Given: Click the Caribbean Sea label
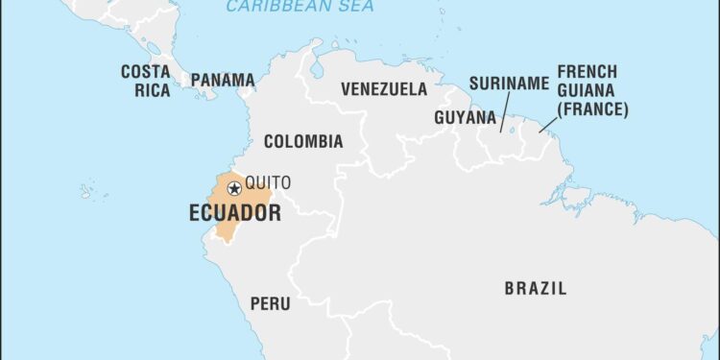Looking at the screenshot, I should (300, 8).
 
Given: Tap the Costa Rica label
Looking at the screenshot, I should (146, 82).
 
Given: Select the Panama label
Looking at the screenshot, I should (223, 81).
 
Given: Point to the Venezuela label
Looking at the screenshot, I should (384, 89).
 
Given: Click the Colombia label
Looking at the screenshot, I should (303, 142).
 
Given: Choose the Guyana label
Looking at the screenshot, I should (465, 118).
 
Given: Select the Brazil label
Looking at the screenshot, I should (535, 288).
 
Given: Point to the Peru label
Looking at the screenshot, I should (270, 303).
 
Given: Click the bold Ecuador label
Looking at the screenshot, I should (235, 213).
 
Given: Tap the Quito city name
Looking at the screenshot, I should (268, 183).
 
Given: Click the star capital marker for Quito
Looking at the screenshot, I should (234, 189).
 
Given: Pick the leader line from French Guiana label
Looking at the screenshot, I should (548, 124).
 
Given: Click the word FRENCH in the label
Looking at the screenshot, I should (587, 73).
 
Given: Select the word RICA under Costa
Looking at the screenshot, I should (147, 91).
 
